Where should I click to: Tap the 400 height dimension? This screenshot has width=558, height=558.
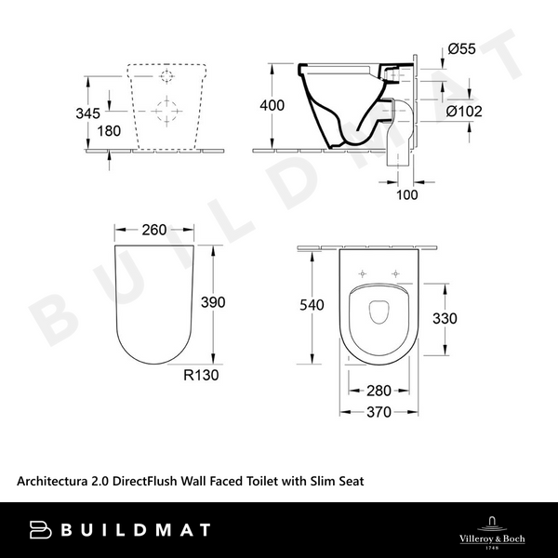[x=272, y=105]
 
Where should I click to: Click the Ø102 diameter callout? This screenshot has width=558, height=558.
[x=464, y=112]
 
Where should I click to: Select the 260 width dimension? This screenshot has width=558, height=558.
[x=154, y=229]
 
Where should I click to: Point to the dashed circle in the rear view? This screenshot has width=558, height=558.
[x=167, y=112]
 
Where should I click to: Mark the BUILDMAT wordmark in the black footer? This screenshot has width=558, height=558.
[x=140, y=530]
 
